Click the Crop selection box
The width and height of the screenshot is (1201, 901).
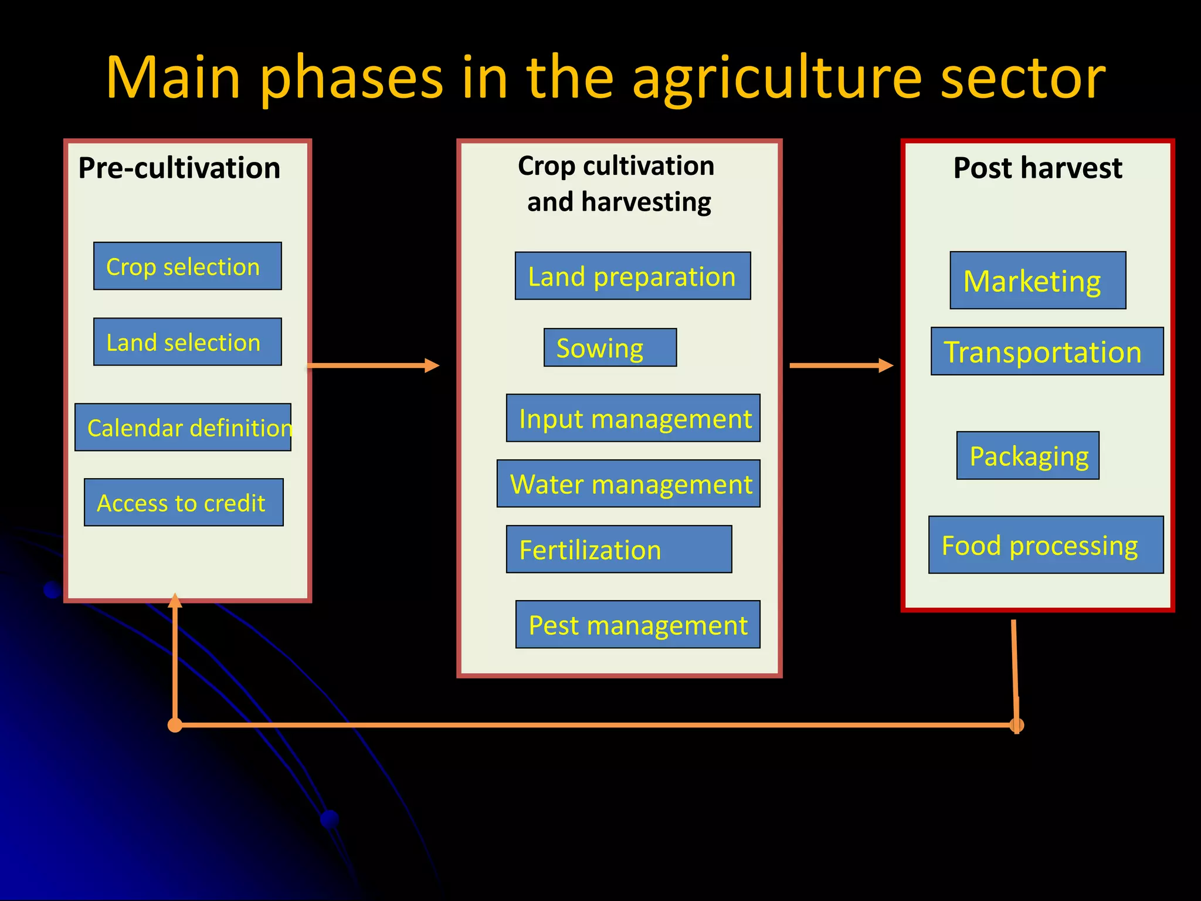(x=187, y=266)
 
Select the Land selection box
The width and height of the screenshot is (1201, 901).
(x=187, y=341)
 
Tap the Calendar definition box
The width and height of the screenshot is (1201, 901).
(x=182, y=427)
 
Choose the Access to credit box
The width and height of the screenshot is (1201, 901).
(x=184, y=502)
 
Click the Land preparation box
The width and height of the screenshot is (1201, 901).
(x=632, y=276)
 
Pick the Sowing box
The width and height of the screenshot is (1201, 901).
(x=610, y=347)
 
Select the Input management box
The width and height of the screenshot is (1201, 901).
(x=633, y=418)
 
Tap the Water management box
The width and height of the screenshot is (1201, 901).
(x=628, y=483)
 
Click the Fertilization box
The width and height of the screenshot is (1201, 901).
(x=619, y=549)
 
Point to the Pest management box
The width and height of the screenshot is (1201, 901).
(x=637, y=624)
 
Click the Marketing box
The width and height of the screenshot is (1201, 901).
(x=1037, y=280)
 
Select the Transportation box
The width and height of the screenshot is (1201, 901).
(x=1047, y=351)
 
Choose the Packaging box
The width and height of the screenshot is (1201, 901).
(x=1027, y=456)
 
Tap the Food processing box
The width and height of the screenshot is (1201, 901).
(x=1046, y=545)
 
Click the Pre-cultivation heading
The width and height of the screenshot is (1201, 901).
(x=179, y=168)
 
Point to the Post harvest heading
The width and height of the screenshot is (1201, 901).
(x=1037, y=168)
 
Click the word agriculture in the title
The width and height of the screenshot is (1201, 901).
(x=777, y=79)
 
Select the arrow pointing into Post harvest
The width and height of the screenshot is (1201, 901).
(x=841, y=365)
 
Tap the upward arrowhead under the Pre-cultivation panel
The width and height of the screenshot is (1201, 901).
(x=175, y=601)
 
